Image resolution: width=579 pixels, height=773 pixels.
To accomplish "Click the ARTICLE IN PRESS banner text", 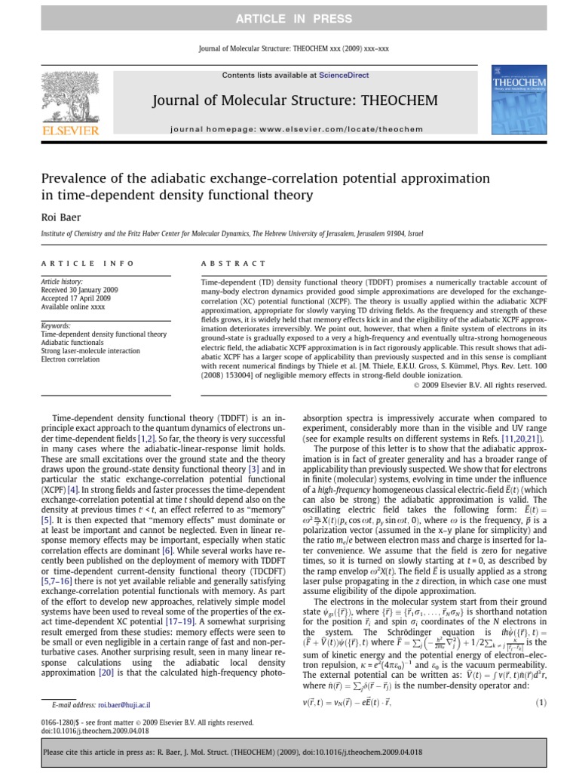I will (x=289, y=19).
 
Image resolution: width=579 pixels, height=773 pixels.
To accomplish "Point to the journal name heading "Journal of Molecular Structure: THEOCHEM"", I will (x=294, y=100).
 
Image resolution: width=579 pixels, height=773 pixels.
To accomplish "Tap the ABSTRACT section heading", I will (x=233, y=263).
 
